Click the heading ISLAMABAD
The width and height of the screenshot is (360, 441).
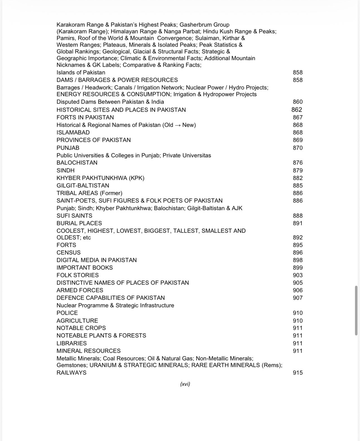73,132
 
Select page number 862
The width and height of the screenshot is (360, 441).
297,110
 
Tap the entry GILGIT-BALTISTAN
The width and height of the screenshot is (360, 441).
83,185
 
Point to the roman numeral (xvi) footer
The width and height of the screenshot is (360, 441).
185,384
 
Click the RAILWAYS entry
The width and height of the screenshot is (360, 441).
71,373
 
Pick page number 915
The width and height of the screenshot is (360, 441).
297,373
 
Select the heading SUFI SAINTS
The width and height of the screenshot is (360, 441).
74,216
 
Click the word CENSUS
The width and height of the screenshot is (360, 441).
68,252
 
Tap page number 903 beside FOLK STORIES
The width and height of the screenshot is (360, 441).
297,275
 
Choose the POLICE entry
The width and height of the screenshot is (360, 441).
67,313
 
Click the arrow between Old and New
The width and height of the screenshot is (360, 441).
177,125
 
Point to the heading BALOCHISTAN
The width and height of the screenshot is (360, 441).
77,163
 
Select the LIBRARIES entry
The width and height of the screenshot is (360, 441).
71,343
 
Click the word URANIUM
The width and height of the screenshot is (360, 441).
103,365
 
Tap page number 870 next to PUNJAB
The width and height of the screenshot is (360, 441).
297,148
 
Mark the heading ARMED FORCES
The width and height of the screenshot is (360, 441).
80,290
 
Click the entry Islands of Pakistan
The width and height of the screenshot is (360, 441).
81,72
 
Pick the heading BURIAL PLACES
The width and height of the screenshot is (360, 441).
79,223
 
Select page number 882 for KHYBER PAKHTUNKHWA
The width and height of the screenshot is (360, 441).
297,178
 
